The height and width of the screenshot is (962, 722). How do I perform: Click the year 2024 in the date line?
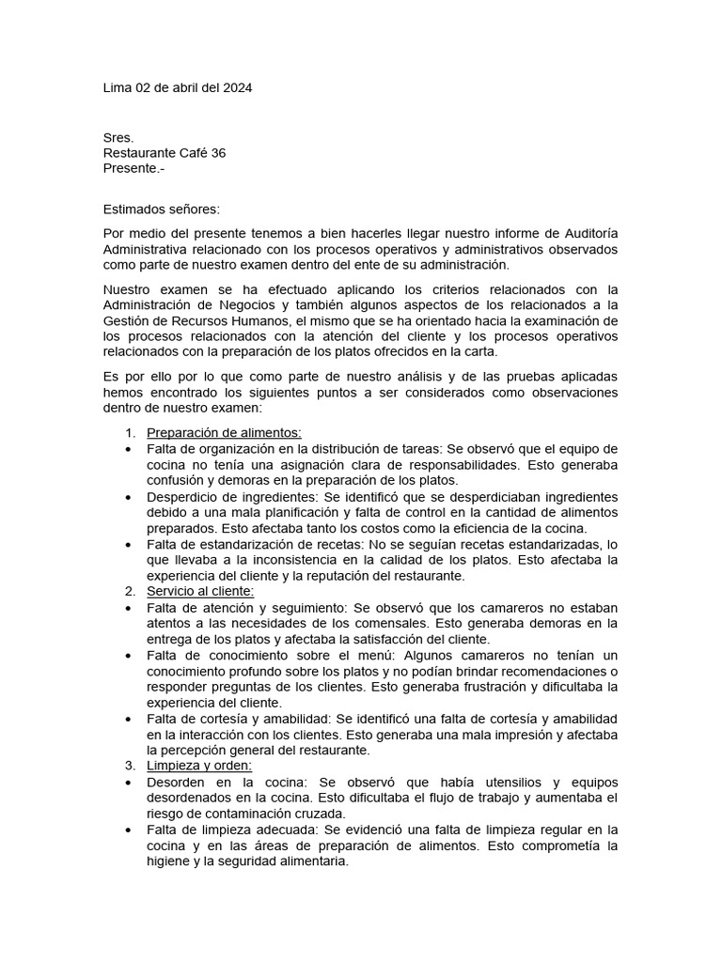tap(236, 88)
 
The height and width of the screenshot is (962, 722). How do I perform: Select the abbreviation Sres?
tap(118, 137)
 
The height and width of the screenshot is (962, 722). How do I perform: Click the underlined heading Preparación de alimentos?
tap(224, 432)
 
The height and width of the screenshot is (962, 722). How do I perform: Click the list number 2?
tap(130, 591)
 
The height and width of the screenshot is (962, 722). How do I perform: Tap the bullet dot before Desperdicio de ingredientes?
tap(129, 496)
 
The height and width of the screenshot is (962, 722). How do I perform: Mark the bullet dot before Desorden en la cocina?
tap(129, 782)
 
